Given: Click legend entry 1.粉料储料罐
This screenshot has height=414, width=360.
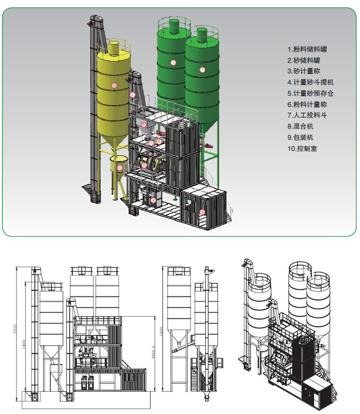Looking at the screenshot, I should click(x=306, y=49).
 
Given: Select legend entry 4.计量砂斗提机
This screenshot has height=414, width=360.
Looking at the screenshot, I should click(x=310, y=82).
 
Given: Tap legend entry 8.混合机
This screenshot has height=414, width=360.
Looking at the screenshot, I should click(x=301, y=126).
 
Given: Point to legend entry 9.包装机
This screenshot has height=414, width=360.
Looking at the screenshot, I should click(x=301, y=138).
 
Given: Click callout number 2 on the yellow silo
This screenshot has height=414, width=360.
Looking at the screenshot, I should click(x=114, y=85).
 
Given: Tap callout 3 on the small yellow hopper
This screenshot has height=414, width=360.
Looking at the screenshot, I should click(x=120, y=167).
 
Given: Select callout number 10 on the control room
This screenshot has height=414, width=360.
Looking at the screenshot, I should click(x=202, y=212).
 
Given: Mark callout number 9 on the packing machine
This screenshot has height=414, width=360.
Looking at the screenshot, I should click(x=154, y=200).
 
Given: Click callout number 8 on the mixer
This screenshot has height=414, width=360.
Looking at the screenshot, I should click(x=144, y=165).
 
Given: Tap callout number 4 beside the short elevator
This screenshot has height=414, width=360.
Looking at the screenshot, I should click(x=132, y=95).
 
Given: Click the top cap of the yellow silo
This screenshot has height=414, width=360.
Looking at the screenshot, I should click(x=114, y=46).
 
